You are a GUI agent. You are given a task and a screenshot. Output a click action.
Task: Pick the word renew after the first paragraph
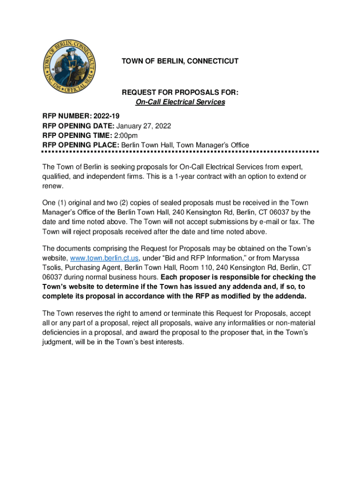point(51,186)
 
